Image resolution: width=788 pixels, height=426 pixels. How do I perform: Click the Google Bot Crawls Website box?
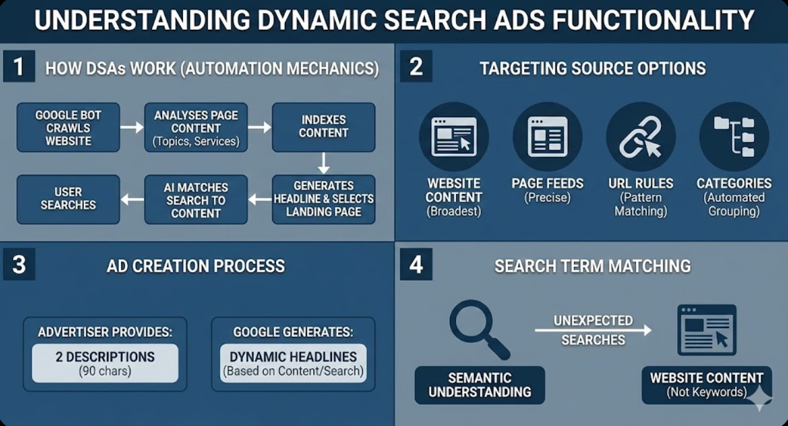tap(68, 128)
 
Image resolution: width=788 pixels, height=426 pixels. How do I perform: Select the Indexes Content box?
tap(323, 127)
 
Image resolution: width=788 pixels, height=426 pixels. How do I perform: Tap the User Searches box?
tap(68, 199)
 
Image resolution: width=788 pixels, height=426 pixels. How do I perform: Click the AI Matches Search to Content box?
tap(196, 200)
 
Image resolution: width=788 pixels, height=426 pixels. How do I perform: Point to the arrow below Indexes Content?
tap(323, 162)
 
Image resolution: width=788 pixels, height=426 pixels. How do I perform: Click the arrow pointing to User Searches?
tap(132, 200)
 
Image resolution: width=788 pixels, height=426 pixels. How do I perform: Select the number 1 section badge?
tap(19, 67)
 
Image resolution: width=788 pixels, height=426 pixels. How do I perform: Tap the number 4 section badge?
tap(416, 265)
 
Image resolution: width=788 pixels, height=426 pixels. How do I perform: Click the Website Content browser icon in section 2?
tap(454, 136)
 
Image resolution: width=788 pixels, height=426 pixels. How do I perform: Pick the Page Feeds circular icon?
tap(547, 136)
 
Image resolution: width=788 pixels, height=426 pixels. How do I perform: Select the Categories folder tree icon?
tap(734, 136)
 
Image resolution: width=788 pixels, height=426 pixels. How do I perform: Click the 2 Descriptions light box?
tap(105, 363)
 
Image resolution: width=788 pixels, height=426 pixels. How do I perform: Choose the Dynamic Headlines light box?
tap(293, 363)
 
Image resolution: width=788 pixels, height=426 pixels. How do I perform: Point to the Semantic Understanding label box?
tap(480, 385)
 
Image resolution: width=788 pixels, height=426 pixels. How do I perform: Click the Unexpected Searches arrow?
tap(593, 331)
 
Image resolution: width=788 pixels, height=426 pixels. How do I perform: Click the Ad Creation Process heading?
tap(195, 266)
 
